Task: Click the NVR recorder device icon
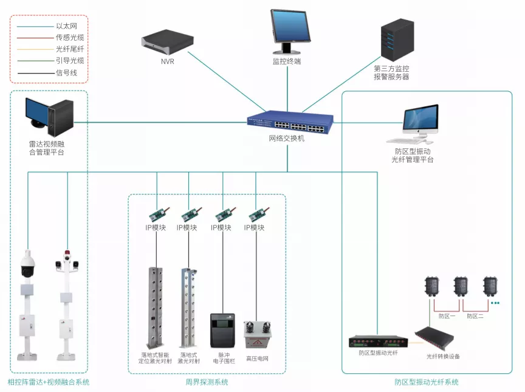[167, 41]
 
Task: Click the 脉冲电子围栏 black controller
[222, 331]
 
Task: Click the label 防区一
[447, 316]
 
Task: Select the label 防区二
[475, 316]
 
